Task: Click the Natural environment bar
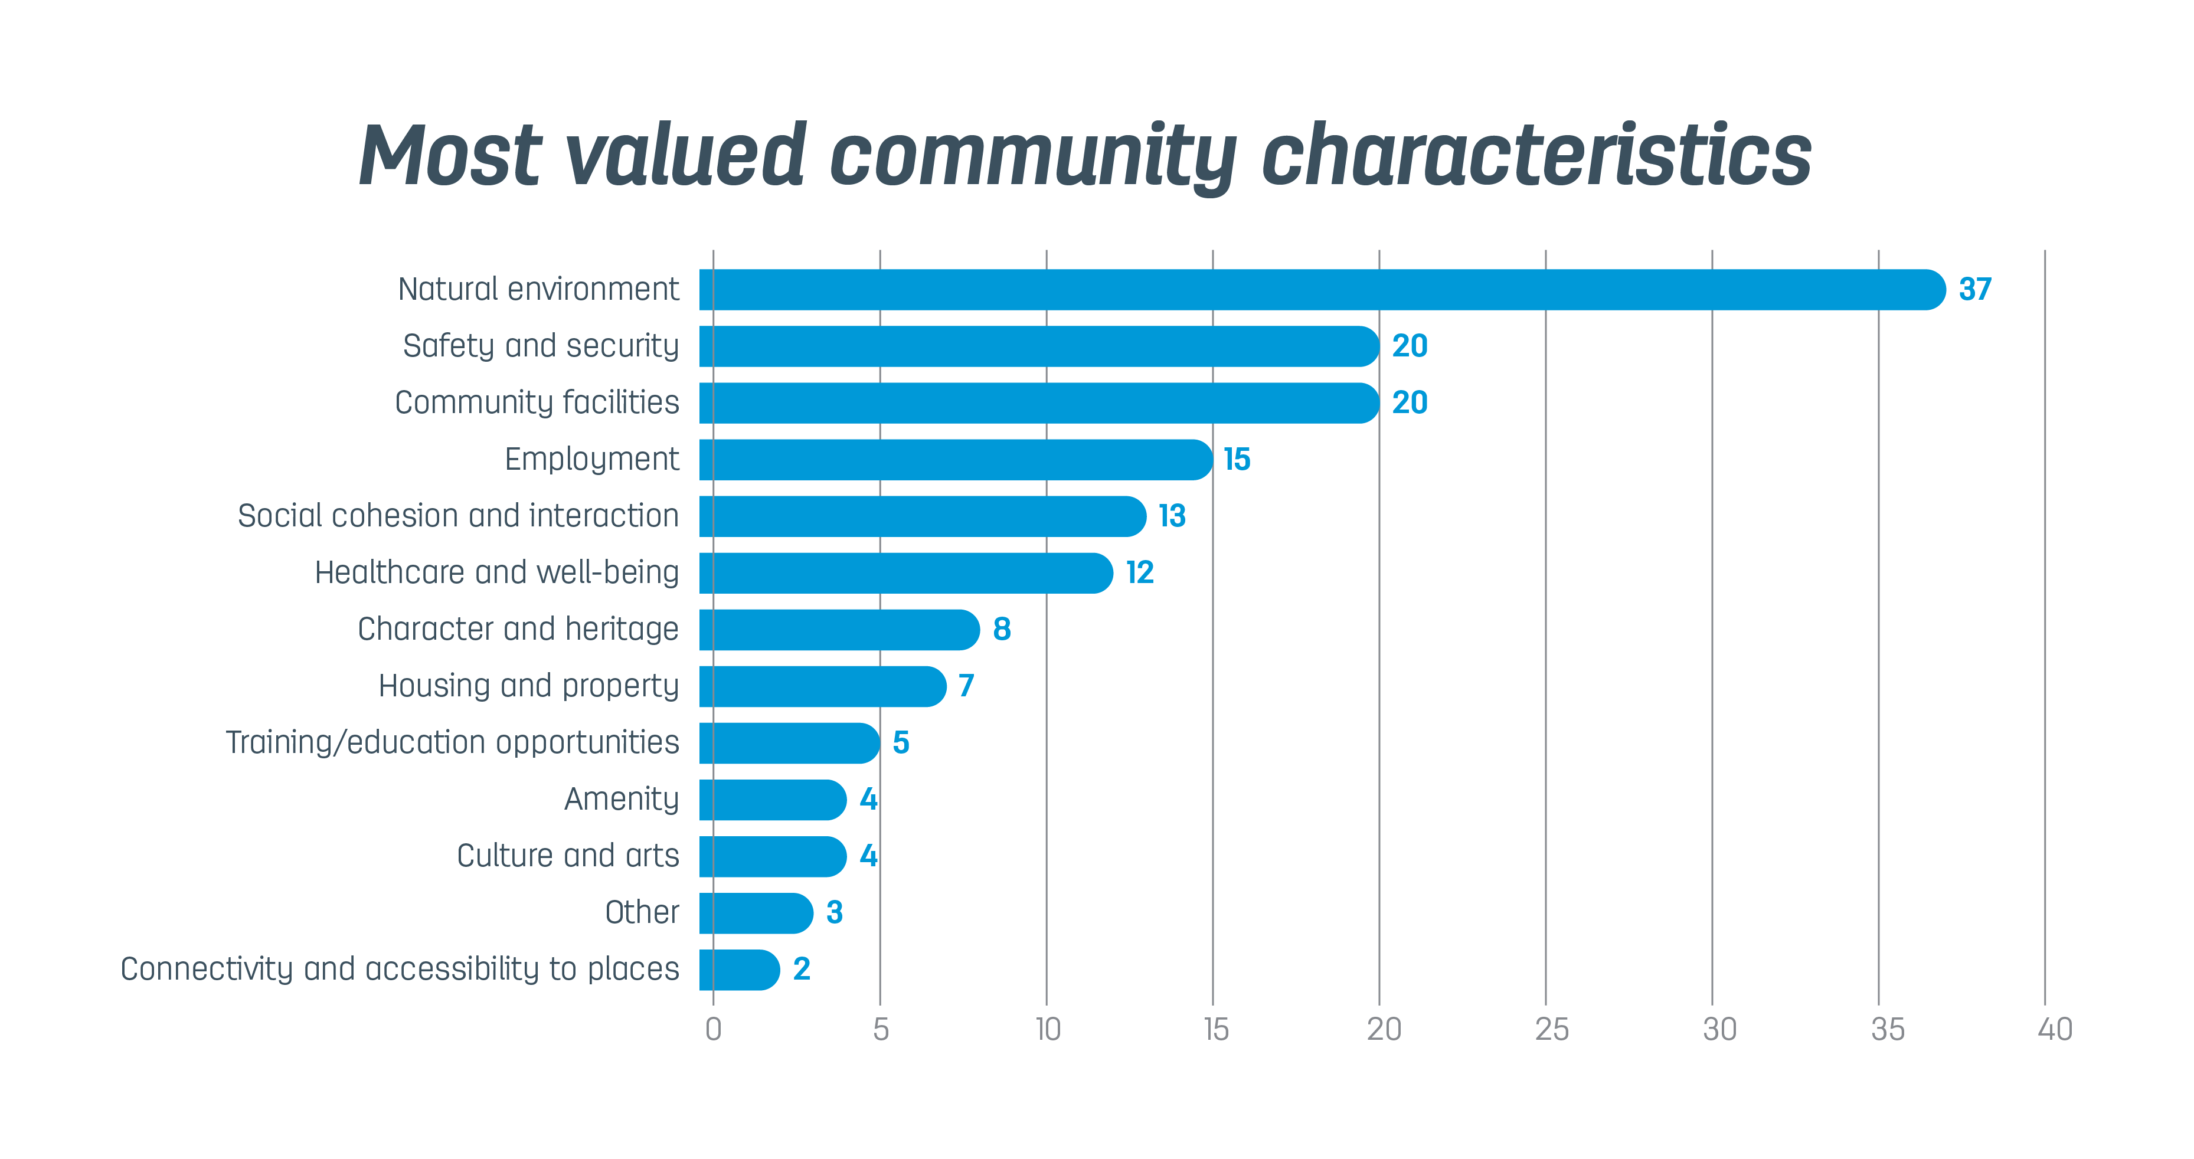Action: coord(1320,290)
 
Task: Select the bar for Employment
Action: coord(954,460)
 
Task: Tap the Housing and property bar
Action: coord(822,686)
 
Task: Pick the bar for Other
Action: coord(756,913)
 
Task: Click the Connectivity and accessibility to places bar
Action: coord(738,970)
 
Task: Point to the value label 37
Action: coord(1974,290)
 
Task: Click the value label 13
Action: coord(1172,516)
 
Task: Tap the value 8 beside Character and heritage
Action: coord(1002,629)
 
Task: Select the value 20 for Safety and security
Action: coord(1410,346)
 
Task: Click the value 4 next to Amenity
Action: coord(868,799)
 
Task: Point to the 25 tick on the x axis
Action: coord(1551,1030)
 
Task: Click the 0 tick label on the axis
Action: coord(714,1030)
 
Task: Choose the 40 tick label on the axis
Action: coord(2054,1030)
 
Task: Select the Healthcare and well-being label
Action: coord(496,572)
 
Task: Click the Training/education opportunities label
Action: coord(452,742)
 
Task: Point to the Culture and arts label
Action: coord(567,856)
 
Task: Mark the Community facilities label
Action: coord(537,403)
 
